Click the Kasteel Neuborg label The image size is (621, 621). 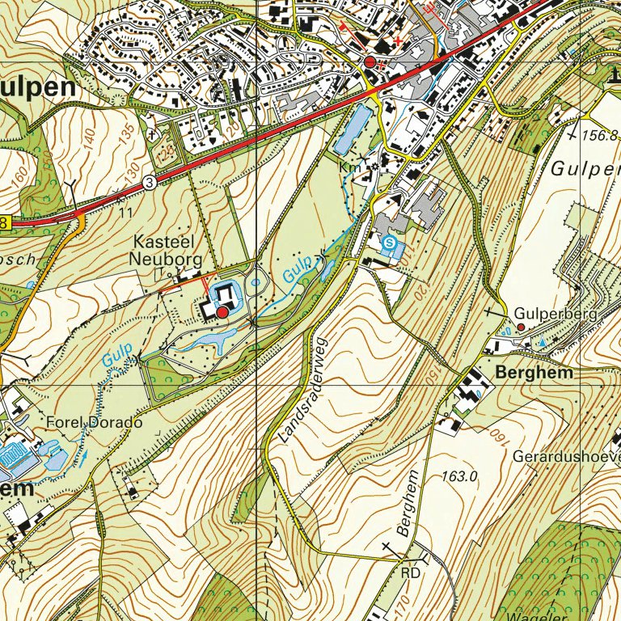click(167, 249)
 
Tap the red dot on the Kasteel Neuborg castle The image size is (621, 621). click(222, 311)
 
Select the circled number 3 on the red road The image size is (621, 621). click(150, 184)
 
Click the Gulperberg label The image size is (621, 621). click(555, 313)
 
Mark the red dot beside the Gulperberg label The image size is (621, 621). click(522, 327)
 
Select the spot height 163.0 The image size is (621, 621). click(460, 476)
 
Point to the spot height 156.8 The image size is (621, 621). click(599, 136)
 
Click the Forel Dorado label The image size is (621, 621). click(94, 423)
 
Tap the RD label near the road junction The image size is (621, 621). click(410, 572)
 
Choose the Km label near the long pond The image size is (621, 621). click(349, 167)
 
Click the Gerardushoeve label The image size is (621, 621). click(566, 456)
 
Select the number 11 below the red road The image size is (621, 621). click(125, 213)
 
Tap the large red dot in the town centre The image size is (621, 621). click(370, 62)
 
